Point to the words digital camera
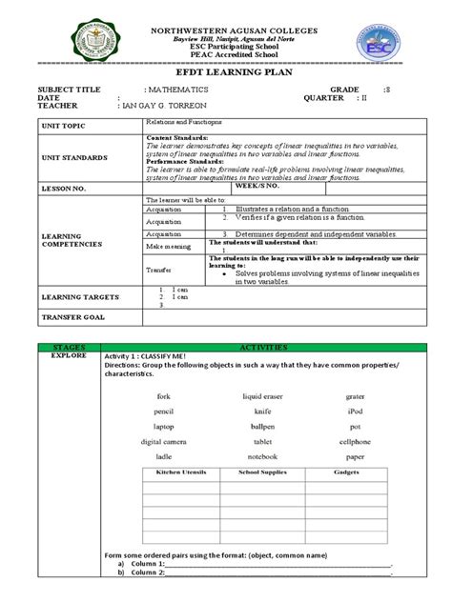(x=163, y=442)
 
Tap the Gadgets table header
(x=343, y=473)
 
